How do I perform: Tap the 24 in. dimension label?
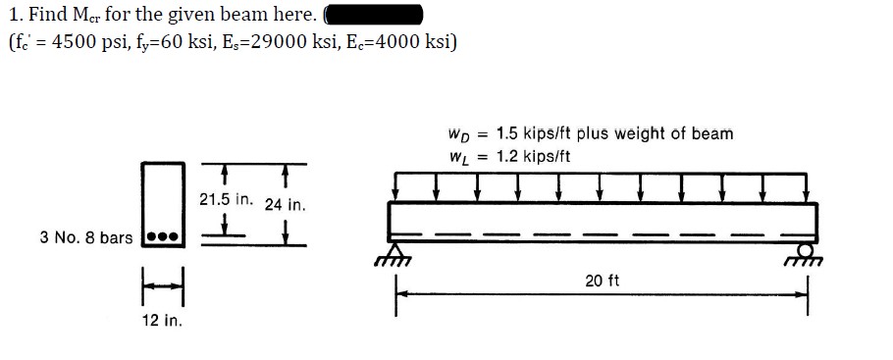pos(286,206)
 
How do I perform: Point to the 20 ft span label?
pos(602,282)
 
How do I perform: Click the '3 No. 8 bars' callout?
pos(85,237)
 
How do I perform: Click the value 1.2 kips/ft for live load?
pos(533,156)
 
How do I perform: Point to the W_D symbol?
pos(457,134)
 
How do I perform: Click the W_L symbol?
pos(456,157)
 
